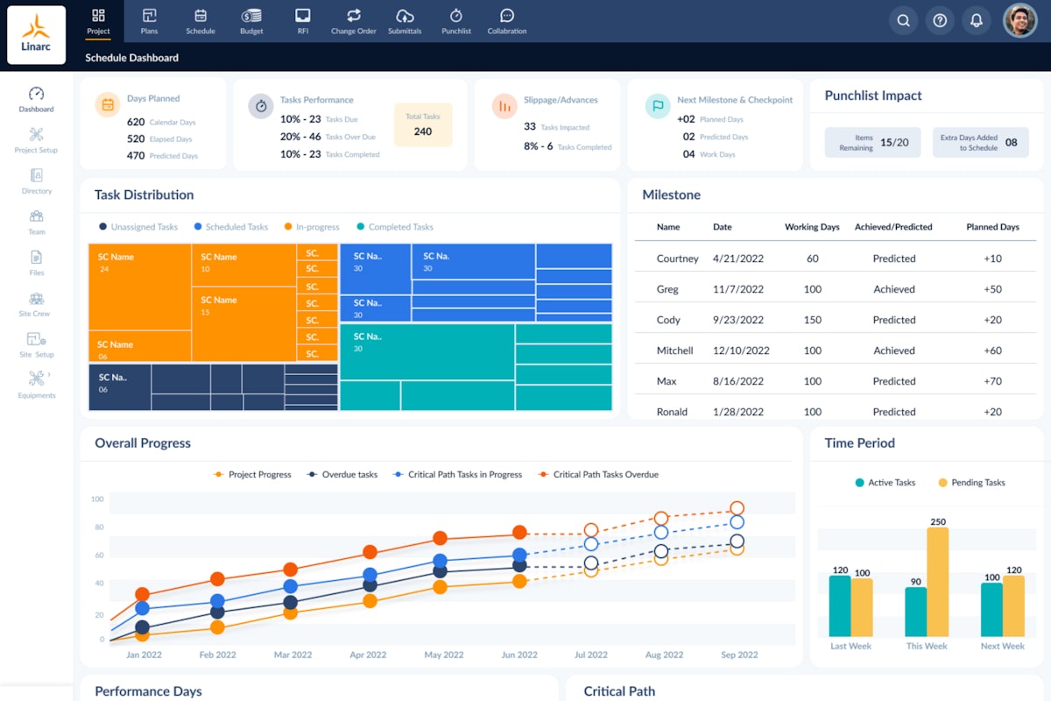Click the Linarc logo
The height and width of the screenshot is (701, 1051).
click(36, 35)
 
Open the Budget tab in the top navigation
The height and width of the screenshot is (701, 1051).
click(251, 21)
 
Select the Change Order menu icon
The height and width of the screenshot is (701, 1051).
click(354, 21)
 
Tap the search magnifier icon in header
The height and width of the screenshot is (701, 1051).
click(903, 20)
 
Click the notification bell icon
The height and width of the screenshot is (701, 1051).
click(976, 20)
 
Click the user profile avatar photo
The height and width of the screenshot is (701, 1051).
click(1019, 20)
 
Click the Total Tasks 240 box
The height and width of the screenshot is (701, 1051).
click(423, 124)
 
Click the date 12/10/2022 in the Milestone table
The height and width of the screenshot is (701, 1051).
click(741, 350)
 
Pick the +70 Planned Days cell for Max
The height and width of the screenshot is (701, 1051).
click(992, 381)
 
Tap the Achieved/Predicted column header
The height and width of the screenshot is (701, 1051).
click(893, 227)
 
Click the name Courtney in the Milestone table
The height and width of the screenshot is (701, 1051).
click(677, 258)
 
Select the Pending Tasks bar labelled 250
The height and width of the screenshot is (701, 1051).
click(938, 582)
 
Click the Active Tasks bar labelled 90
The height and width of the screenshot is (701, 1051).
click(915, 611)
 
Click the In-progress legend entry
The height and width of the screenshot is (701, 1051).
click(312, 227)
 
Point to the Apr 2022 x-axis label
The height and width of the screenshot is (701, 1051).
click(369, 655)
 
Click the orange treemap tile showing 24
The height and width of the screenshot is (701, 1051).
click(139, 287)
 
